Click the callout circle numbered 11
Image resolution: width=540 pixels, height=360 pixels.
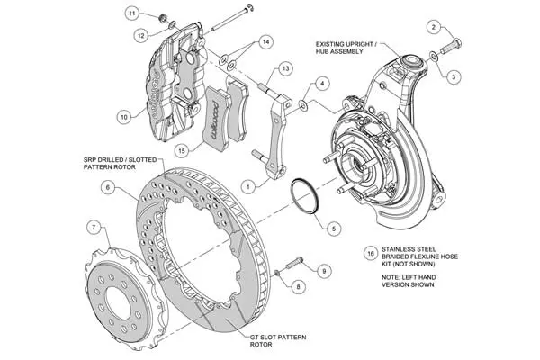pyautogui.click(x=132, y=13)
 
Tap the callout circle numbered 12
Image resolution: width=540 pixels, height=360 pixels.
pyautogui.click(x=141, y=35)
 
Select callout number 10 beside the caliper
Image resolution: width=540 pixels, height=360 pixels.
pyautogui.click(x=124, y=117)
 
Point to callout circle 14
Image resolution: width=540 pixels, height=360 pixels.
pyautogui.click(x=265, y=42)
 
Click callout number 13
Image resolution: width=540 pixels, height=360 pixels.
pyautogui.click(x=285, y=68)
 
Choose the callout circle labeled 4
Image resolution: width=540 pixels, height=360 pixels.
pyautogui.click(x=322, y=84)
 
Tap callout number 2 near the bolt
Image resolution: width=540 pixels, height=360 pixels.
pyautogui.click(x=434, y=27)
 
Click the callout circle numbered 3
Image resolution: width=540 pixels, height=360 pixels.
pyautogui.click(x=454, y=76)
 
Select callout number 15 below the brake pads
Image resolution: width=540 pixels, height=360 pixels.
pyautogui.click(x=182, y=150)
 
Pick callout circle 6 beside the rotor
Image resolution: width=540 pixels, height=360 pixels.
pyautogui.click(x=108, y=187)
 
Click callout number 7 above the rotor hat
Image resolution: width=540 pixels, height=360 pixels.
pyautogui.click(x=94, y=227)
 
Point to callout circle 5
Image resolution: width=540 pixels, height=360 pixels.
pyautogui.click(x=333, y=228)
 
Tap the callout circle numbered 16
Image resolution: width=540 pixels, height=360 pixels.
pyautogui.click(x=371, y=254)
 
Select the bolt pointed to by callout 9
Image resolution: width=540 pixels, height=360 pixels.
pyautogui.click(x=293, y=263)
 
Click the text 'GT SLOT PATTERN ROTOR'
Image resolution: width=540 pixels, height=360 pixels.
pyautogui.click(x=278, y=341)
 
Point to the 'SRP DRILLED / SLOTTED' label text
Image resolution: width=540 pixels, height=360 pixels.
pyautogui.click(x=120, y=160)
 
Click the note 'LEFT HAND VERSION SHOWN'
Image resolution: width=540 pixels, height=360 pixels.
pyautogui.click(x=409, y=281)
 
